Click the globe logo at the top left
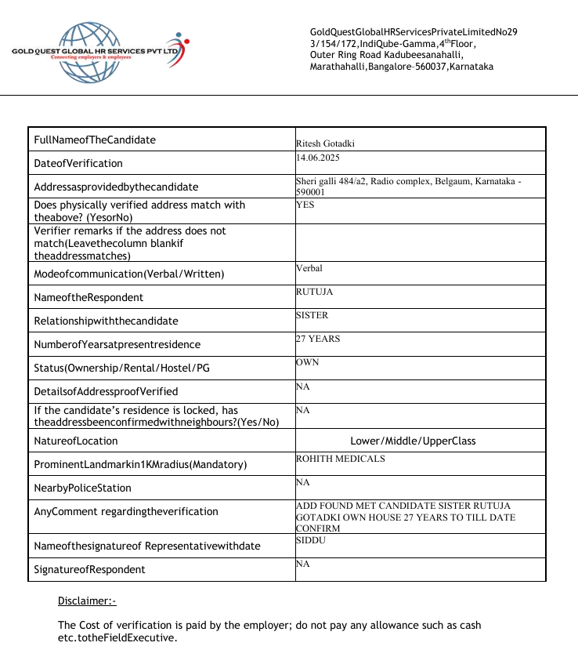click(86, 52)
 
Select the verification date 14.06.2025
click(317, 158)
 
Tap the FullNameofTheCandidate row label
click(95, 140)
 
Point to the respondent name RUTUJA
click(314, 292)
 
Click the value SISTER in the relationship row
click(312, 315)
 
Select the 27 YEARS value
click(318, 339)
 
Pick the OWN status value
click(308, 362)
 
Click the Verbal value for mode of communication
click(309, 268)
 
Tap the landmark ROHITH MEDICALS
click(340, 458)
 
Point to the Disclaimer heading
click(86, 601)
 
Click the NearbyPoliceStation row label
click(83, 488)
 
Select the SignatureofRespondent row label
click(89, 569)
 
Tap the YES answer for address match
click(306, 204)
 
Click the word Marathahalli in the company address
click(335, 67)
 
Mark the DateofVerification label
click(78, 163)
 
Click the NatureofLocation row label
click(76, 441)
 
